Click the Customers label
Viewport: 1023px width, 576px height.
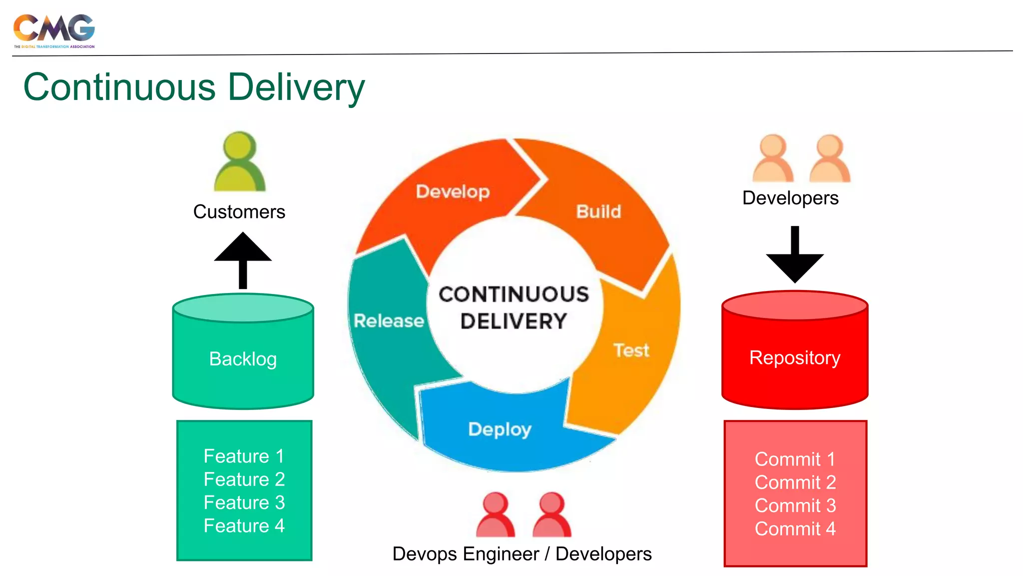[239, 212]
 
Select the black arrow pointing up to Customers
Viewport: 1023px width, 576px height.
[243, 259]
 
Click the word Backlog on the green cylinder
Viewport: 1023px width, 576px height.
[243, 359]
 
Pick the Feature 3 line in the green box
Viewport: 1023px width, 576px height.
[244, 502]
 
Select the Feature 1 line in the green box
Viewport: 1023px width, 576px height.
[244, 456]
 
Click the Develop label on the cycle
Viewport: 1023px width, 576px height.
[453, 191]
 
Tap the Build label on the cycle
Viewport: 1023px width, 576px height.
[598, 211]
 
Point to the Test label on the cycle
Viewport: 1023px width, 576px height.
[631, 350]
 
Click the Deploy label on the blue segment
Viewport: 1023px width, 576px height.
[500, 429]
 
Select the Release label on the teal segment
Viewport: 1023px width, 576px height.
[389, 320]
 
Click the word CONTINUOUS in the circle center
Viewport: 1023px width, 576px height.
[513, 294]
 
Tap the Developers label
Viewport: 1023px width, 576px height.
[790, 198]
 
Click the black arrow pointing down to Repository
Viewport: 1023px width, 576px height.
[795, 255]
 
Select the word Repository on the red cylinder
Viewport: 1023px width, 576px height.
[795, 358]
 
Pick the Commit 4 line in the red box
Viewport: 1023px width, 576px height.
[795, 528]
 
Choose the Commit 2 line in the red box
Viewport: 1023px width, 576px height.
[795, 482]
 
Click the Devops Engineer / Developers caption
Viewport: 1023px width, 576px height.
[522, 554]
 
